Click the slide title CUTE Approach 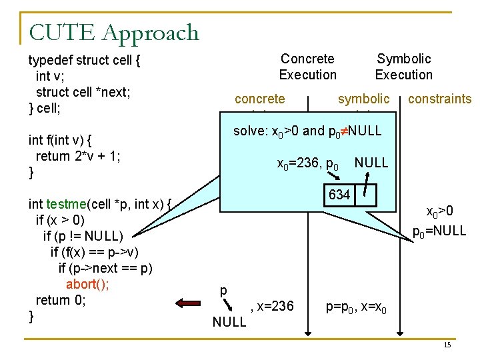[114, 32]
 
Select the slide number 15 [447, 345]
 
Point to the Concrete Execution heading [307, 67]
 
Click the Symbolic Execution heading [403, 67]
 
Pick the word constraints [439, 99]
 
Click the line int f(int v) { [60, 141]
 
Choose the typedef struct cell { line [84, 61]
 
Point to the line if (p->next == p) [105, 268]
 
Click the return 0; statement [61, 300]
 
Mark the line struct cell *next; [83, 92]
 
